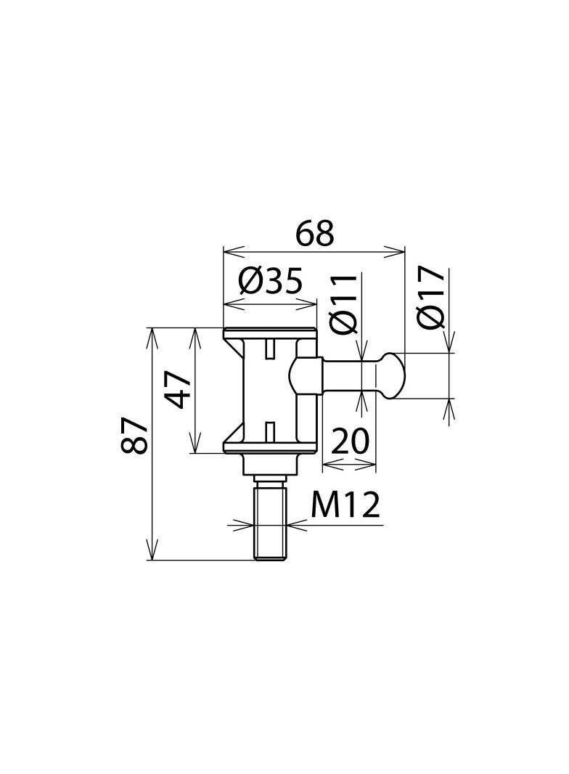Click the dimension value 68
pos(315,234)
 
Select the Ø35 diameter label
pos(270,281)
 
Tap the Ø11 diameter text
pos(343,304)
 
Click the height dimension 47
pos(177,390)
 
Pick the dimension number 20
pos(351,441)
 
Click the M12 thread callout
pos(345,505)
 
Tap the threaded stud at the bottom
pos(271,523)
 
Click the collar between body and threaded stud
pos(271,464)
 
